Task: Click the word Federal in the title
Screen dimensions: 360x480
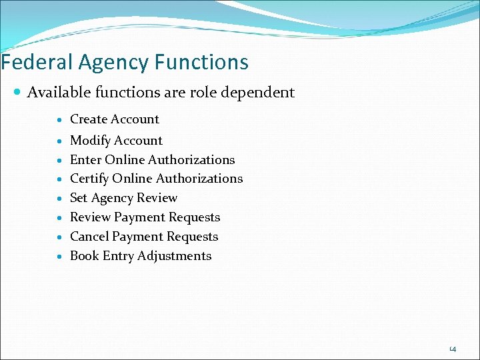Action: (x=37, y=63)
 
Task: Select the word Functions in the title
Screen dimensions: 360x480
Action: (x=202, y=63)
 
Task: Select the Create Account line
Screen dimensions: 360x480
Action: (x=115, y=119)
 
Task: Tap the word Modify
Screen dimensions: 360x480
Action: (x=90, y=141)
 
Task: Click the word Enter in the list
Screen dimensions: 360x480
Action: (x=85, y=160)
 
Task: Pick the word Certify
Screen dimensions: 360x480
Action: (x=89, y=179)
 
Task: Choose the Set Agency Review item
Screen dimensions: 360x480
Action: (x=123, y=198)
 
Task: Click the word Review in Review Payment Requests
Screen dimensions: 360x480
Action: (x=90, y=217)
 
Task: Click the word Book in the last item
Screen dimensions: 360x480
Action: (x=85, y=256)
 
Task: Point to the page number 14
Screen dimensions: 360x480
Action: (x=453, y=349)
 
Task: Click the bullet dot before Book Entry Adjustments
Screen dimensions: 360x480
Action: (x=60, y=257)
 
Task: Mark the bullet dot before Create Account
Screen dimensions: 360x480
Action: (x=60, y=120)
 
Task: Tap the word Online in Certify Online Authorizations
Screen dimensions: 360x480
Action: (x=132, y=179)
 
